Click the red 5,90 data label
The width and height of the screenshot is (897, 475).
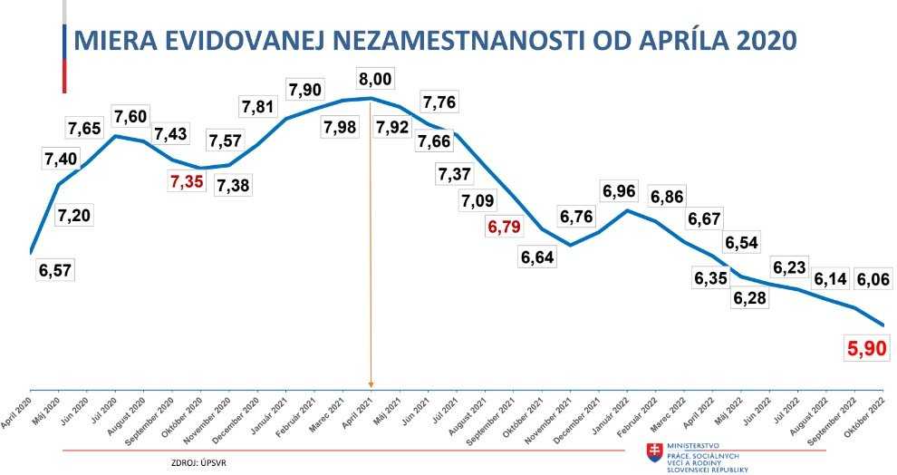click(x=867, y=346)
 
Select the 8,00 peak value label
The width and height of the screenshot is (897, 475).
click(x=375, y=79)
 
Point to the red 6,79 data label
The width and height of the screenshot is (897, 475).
click(x=506, y=227)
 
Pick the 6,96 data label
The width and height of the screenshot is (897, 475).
click(x=619, y=192)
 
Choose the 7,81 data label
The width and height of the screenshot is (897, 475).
click(x=257, y=107)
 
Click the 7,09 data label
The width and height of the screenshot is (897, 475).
click(x=477, y=200)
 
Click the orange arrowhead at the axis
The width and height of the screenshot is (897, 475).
click(x=371, y=383)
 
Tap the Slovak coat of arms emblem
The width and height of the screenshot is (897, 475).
click(x=652, y=451)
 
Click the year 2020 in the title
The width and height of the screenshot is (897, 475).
click(x=762, y=41)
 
